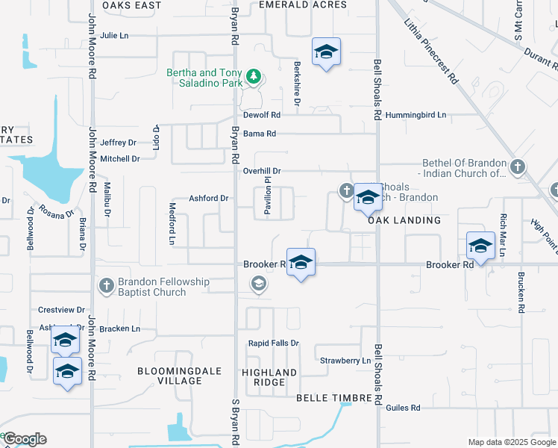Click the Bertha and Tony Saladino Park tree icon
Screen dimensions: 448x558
254,77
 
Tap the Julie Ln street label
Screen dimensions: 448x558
114,35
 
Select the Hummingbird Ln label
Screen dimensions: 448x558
421,115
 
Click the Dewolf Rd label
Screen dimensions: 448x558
261,115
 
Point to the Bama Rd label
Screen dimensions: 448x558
260,134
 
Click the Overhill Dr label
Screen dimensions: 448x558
261,171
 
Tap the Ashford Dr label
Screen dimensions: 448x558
208,198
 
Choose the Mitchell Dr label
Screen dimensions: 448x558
120,159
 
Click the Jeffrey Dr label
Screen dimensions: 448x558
119,143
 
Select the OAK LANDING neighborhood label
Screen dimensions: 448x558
404,221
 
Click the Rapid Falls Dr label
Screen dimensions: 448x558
273,343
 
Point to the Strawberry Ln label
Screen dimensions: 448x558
345,361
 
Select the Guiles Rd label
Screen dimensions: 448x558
403,408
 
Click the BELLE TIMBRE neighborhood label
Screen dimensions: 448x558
333,399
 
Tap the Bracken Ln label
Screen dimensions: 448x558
120,329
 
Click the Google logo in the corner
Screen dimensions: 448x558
24,439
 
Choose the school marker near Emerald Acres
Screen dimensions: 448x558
326,52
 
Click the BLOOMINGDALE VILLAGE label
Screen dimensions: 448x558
169,376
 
